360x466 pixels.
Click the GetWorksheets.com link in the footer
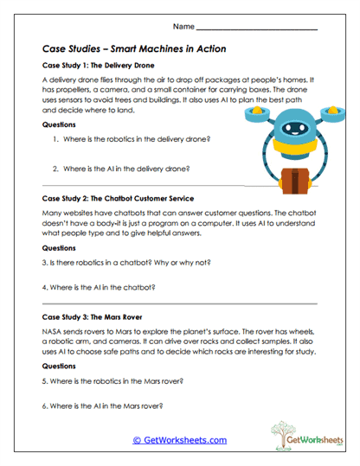pos(179,440)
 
